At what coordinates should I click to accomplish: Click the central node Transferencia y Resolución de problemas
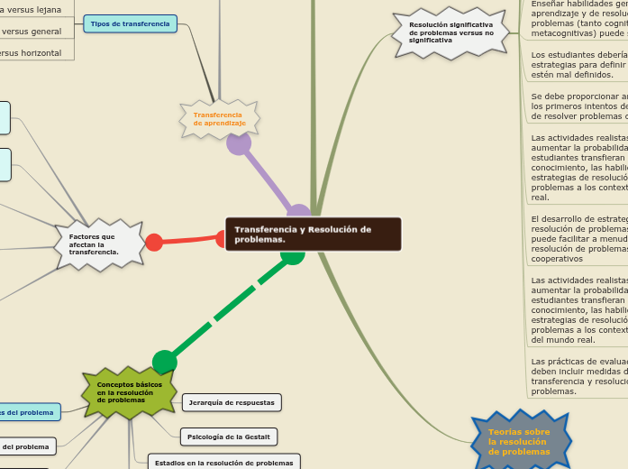point(313,234)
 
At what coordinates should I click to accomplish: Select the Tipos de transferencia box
point(130,23)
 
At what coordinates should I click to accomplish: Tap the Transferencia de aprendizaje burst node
point(219,119)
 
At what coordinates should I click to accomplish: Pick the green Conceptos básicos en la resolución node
point(130,392)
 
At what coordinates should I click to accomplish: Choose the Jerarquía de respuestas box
point(232,402)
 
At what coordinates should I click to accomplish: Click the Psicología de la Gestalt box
point(229,437)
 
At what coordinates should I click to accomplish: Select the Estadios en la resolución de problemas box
point(223,463)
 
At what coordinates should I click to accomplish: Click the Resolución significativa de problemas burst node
point(451,32)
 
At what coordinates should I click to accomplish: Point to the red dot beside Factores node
point(154,242)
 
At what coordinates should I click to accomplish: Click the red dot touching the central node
point(223,238)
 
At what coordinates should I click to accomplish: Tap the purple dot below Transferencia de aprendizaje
point(239,143)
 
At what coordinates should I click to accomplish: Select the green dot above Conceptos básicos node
point(165,363)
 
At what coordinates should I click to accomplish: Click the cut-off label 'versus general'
point(32,31)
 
